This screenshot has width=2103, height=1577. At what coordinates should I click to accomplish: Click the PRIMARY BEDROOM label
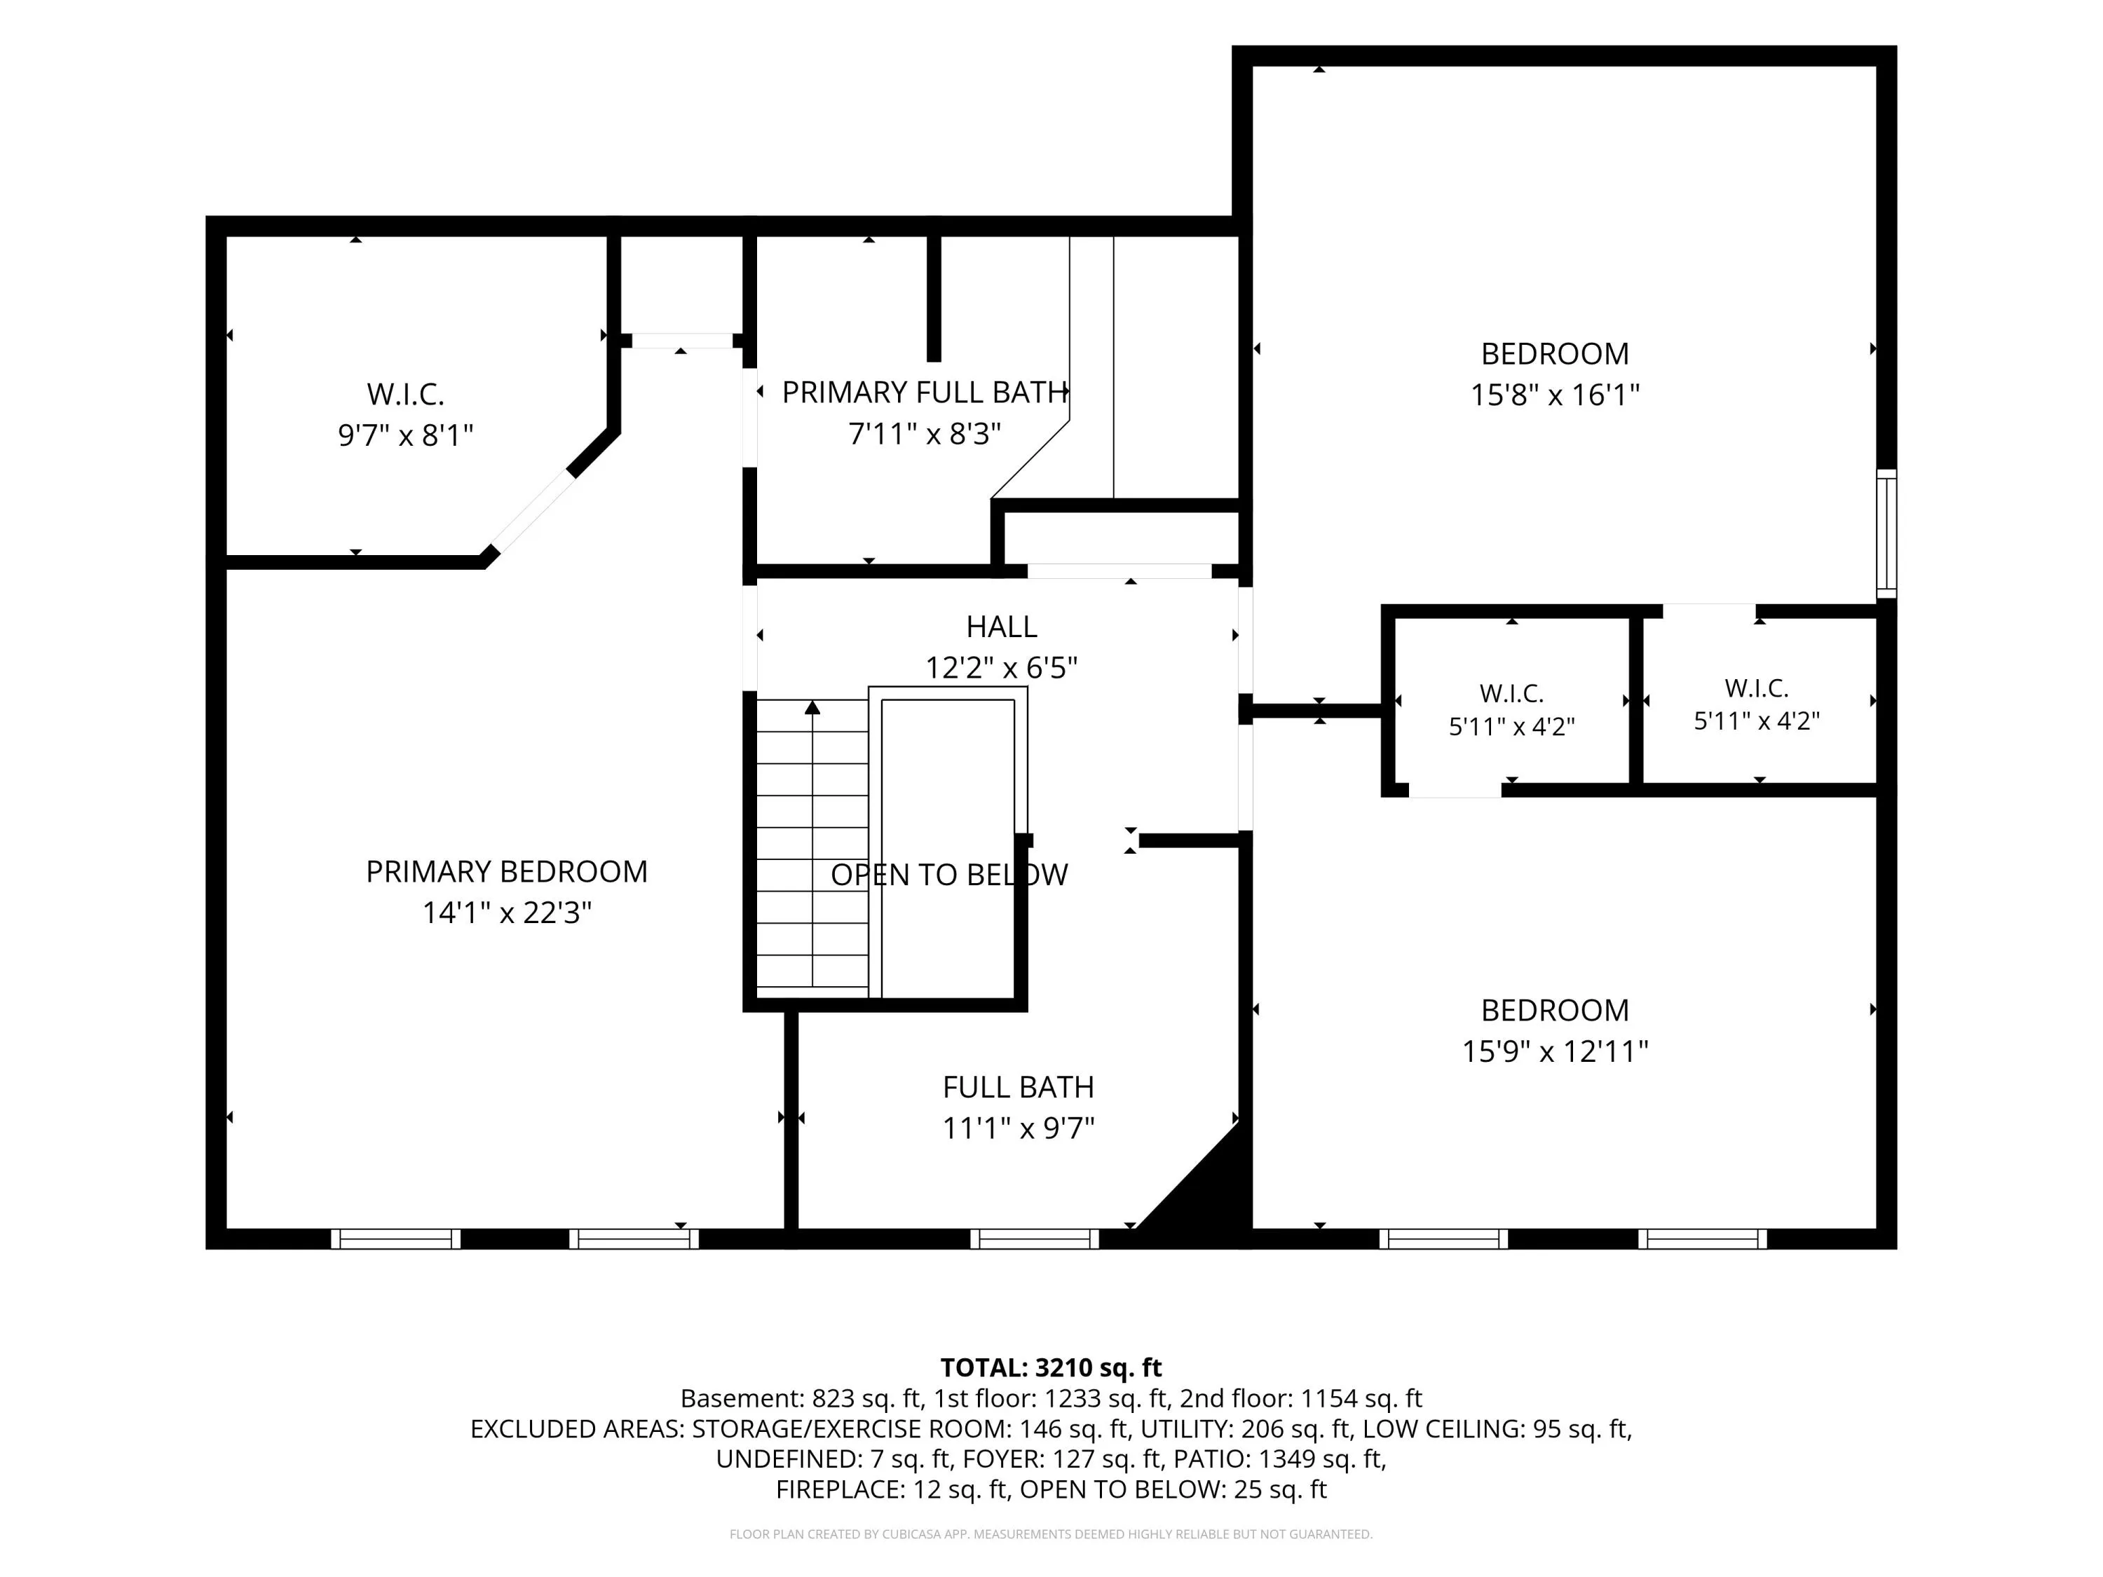507,872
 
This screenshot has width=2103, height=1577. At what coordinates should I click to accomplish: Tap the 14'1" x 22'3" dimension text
507,913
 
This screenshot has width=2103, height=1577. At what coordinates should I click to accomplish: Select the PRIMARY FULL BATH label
924,392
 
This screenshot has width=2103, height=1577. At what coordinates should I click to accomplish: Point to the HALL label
1001,627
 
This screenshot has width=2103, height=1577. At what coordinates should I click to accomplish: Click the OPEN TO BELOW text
949,875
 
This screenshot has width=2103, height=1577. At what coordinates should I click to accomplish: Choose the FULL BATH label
1019,1086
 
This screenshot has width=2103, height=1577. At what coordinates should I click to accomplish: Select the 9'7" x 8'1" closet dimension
406,435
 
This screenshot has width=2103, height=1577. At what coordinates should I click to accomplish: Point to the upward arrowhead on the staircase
812,707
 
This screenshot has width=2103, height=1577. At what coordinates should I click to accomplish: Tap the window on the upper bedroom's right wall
1886,533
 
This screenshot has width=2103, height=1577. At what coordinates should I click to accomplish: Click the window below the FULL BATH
1035,1238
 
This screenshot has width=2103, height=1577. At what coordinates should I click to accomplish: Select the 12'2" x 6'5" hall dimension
1001,667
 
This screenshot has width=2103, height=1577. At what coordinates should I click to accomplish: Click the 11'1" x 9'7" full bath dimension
1019,1128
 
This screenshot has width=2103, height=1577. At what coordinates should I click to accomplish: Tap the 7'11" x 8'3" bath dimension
924,435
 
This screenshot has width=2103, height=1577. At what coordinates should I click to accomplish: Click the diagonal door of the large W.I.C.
534,512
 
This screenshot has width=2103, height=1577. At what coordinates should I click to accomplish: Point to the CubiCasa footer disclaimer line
1051,1534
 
